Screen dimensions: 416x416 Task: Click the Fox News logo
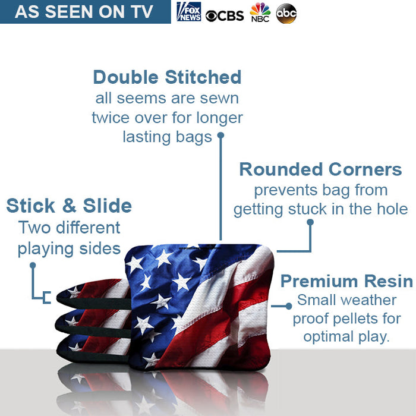coord(188,12)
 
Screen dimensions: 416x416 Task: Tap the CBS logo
coord(225,14)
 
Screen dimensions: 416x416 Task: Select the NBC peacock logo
coord(260,12)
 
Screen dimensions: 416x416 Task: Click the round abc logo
coord(286,13)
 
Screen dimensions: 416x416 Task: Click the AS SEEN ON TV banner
coord(84,12)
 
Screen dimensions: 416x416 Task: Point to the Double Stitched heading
coord(167,77)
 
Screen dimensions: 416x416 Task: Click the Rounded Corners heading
coord(320,169)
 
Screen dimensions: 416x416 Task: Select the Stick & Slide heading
coord(69,206)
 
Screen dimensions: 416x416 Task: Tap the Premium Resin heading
coord(346,281)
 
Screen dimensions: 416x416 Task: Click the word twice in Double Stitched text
coord(111,118)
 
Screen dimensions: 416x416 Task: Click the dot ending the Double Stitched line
coord(220,135)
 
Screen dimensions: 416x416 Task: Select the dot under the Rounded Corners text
coord(310,222)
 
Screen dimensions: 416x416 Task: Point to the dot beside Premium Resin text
coord(289,305)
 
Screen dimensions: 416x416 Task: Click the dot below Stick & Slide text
coord(33,266)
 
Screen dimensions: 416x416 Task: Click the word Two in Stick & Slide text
coord(33,228)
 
